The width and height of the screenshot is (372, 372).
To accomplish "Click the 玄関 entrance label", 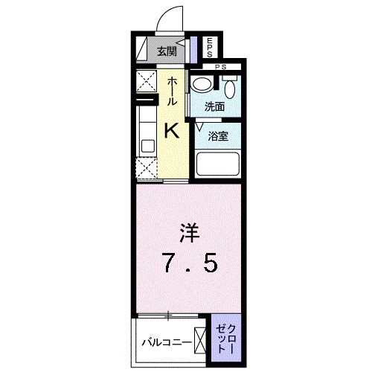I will (x=167, y=51).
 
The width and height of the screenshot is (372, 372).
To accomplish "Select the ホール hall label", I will (x=172, y=91).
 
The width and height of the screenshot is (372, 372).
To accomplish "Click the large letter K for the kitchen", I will (x=170, y=130).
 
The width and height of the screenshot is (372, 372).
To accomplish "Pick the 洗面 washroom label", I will (x=215, y=106).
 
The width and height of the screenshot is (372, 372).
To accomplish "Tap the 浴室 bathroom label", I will (x=218, y=136).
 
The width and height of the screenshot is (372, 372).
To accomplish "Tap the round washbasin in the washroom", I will (x=199, y=86).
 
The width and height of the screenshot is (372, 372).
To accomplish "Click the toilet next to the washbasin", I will (x=230, y=89).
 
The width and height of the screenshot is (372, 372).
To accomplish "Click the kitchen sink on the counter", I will (x=145, y=141).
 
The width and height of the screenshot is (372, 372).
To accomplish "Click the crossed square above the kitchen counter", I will (x=145, y=81).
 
